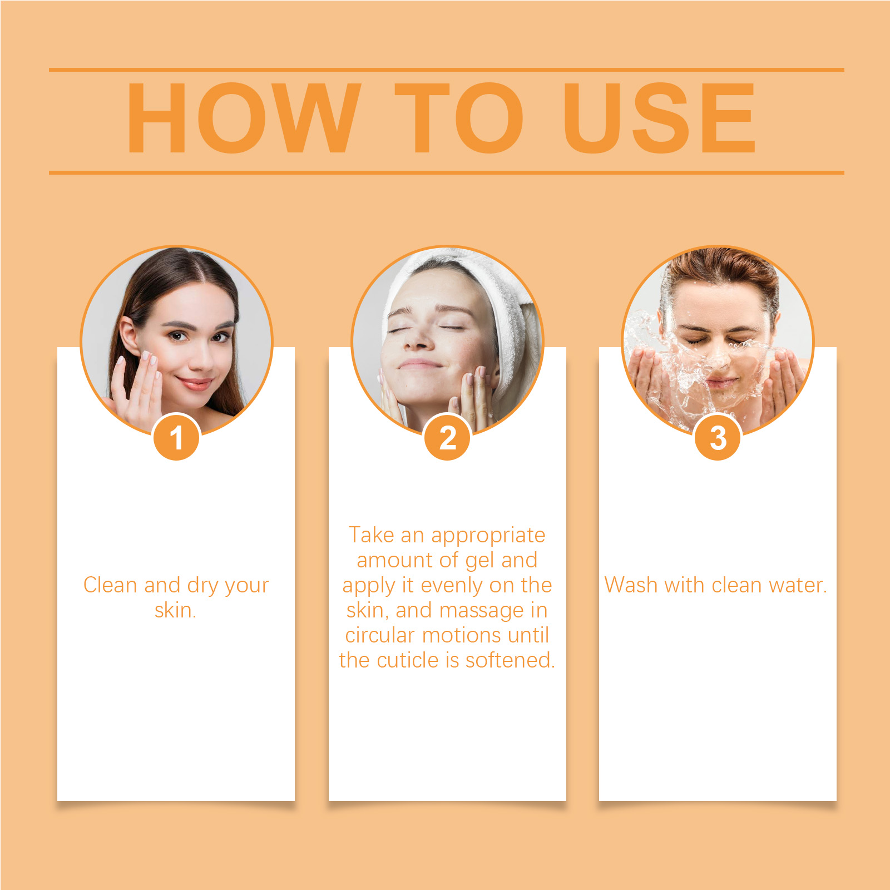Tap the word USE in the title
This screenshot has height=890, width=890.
pos(660,117)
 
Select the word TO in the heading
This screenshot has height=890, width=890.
pos(459,117)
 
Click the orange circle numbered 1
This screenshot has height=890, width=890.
pos(176,437)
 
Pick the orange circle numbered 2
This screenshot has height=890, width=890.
pos(447,437)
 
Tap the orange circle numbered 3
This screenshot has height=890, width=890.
pos(718,437)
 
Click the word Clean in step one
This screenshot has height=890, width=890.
pos(110,585)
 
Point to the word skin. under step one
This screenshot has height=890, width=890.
pos(176,610)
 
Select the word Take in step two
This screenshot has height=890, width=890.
pos(372,535)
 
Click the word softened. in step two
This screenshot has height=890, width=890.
pos(510,660)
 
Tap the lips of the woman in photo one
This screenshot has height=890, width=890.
pos(194,383)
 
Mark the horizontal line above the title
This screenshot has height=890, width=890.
pos(447,70)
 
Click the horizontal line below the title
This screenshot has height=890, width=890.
pos(447,172)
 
